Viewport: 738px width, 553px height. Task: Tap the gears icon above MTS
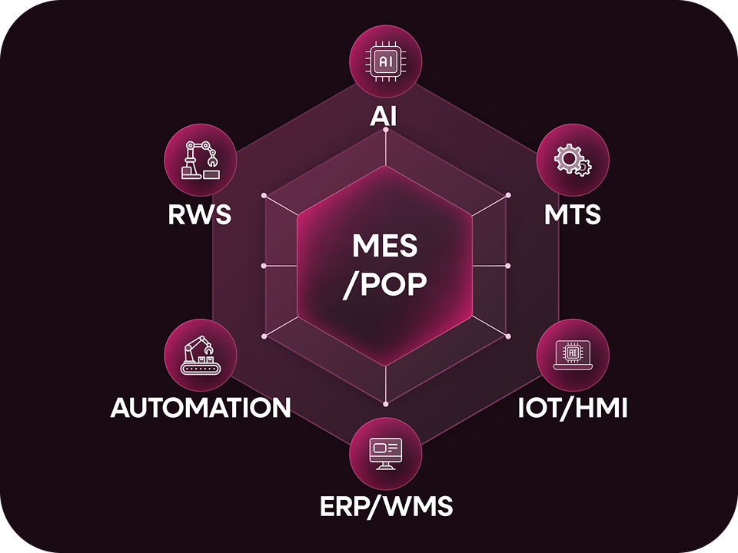pos(573,161)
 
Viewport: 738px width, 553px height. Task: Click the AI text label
pos(385,115)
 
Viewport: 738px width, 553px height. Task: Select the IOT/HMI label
pos(572,408)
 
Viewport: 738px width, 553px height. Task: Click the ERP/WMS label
pos(385,506)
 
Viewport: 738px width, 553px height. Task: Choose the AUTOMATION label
pos(201,408)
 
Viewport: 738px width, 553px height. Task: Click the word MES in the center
pos(385,247)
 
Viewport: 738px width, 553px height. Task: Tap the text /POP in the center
pos(385,285)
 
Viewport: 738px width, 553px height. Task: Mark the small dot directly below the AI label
pos(386,130)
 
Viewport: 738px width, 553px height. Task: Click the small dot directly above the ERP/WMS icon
pos(386,402)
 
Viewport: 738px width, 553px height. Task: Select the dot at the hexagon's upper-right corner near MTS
pos(507,196)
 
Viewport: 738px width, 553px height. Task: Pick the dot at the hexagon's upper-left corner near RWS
pos(264,196)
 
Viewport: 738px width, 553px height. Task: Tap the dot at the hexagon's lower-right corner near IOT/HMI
pos(507,336)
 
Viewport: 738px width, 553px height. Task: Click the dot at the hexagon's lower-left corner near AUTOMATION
pos(264,336)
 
